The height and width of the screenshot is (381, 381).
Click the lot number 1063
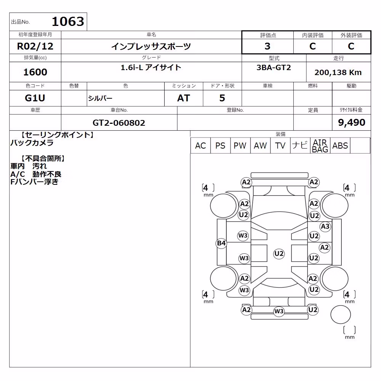tap(68, 21)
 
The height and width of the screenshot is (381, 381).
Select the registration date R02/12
tap(35, 46)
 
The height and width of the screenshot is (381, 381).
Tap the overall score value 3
tap(267, 46)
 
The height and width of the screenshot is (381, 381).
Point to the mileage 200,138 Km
tap(338, 72)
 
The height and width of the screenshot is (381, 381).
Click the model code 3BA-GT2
tap(274, 67)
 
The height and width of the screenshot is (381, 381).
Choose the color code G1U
tap(35, 98)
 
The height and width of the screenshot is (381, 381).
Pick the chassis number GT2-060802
tap(119, 123)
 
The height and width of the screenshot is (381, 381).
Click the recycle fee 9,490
tap(352, 122)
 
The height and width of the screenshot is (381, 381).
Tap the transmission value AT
tap(184, 98)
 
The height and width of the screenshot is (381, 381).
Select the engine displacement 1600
tap(35, 72)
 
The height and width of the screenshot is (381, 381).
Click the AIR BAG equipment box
tap(320, 146)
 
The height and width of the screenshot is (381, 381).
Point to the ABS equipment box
tap(340, 146)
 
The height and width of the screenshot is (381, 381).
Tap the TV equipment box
tap(280, 146)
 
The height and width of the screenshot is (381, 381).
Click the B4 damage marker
tap(221, 243)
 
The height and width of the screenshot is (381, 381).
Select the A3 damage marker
tap(325, 226)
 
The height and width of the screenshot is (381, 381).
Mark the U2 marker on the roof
tap(279, 254)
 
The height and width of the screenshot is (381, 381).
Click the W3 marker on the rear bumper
tap(279, 311)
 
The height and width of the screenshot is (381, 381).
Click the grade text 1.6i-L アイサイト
tap(151, 67)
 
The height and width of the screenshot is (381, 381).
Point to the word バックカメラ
tap(32, 142)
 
